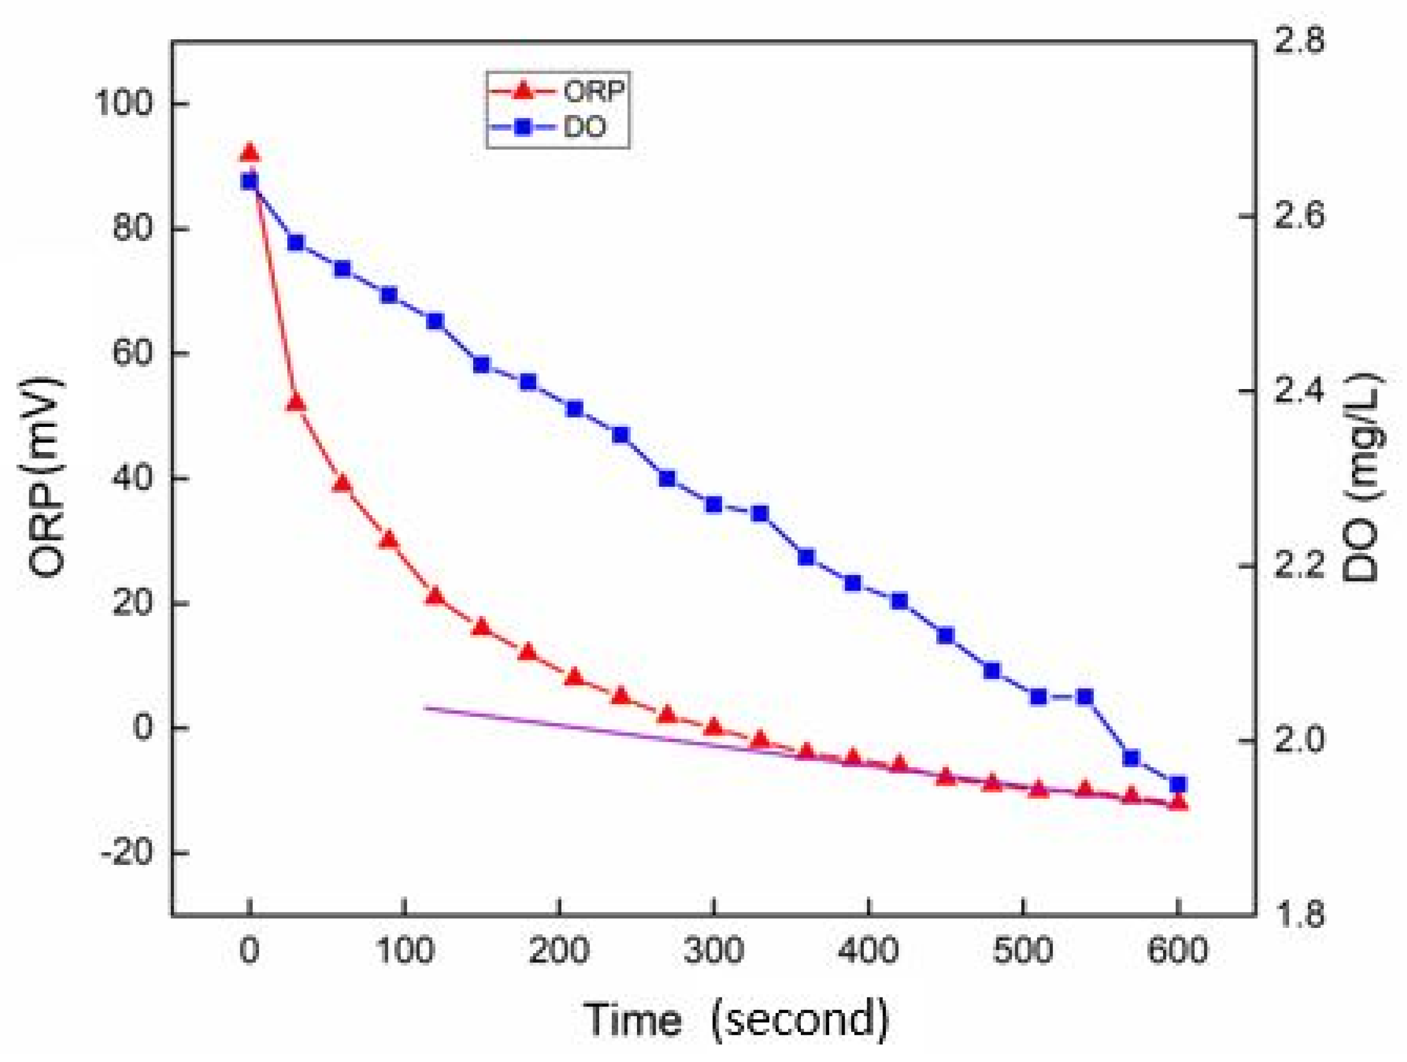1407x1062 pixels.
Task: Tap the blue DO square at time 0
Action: click(249, 182)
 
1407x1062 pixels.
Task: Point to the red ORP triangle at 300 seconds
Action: click(714, 726)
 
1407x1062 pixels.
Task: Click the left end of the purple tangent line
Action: click(425, 708)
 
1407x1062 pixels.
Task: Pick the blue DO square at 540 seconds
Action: click(1085, 697)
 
